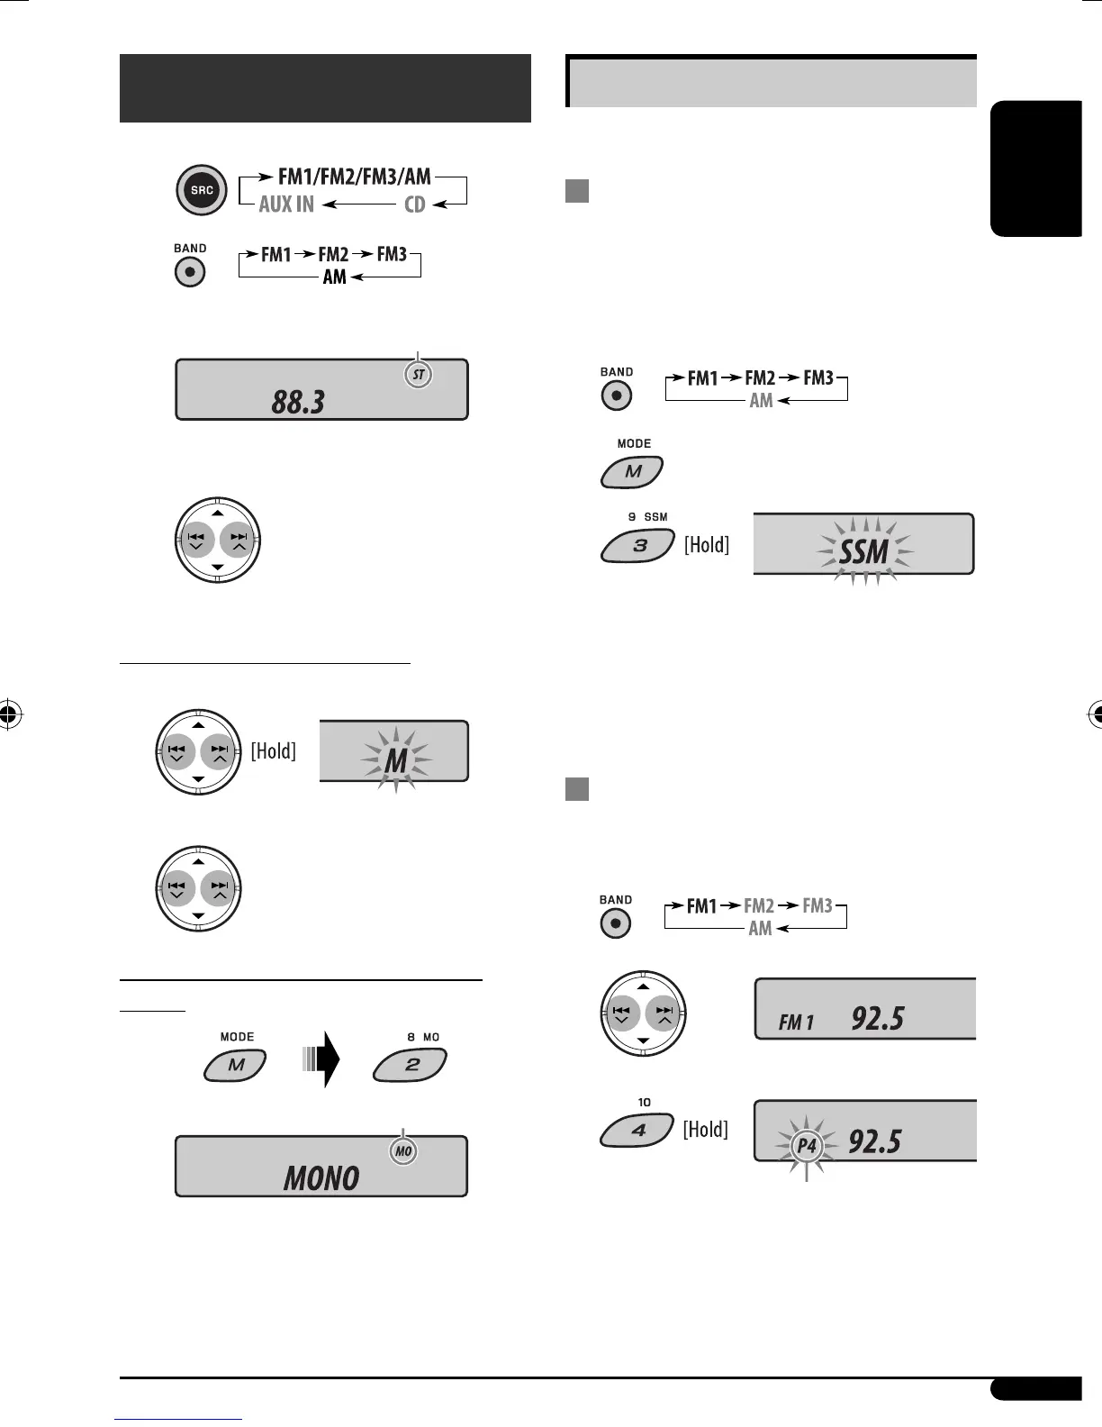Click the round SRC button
click(x=202, y=190)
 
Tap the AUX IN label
click(x=286, y=205)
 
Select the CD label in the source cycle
click(x=414, y=205)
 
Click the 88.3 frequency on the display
click(x=298, y=402)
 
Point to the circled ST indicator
click(x=418, y=375)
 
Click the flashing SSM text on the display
click(x=863, y=551)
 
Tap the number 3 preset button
click(x=637, y=546)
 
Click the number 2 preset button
click(x=411, y=1065)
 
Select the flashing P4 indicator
click(x=807, y=1146)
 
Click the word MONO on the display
click(x=321, y=1177)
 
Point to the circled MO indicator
click(x=403, y=1151)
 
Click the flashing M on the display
click(x=396, y=761)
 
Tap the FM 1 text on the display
click(x=796, y=1023)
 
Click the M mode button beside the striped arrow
click(x=235, y=1065)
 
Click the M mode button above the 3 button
click(x=632, y=471)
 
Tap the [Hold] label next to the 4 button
click(x=705, y=1129)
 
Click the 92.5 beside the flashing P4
click(x=875, y=1142)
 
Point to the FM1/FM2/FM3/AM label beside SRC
click(x=354, y=177)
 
